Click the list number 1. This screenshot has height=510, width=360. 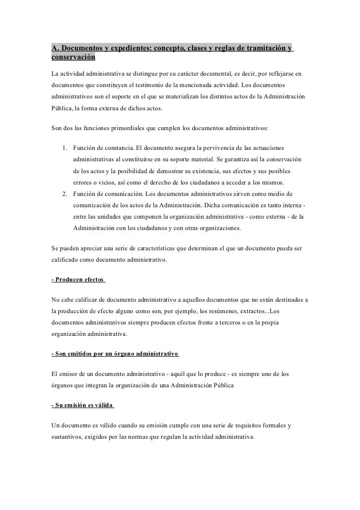[65, 148]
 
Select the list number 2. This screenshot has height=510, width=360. [65, 193]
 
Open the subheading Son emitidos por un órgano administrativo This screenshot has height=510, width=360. [115, 355]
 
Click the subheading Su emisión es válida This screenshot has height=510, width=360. [82, 405]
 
